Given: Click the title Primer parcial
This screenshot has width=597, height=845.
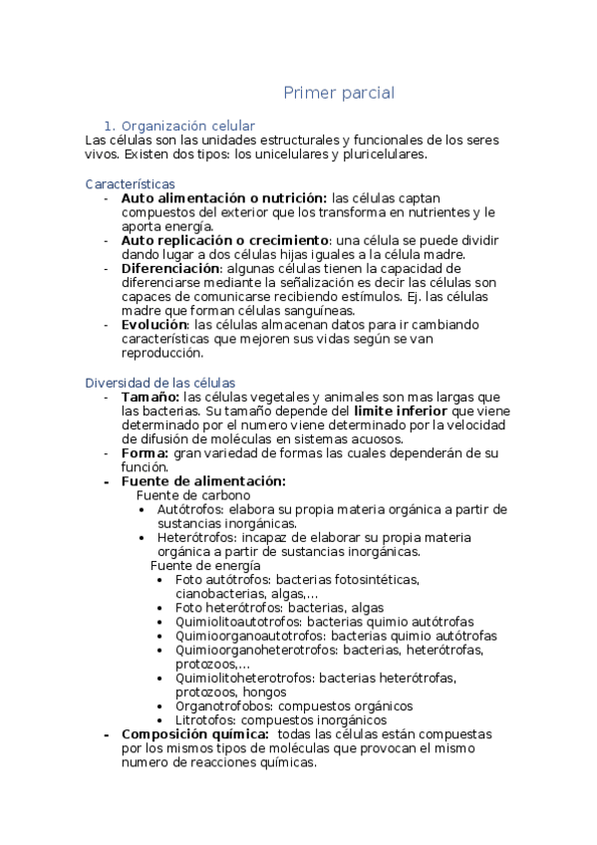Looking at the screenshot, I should pos(339,94).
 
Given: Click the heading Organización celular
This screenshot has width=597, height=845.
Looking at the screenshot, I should pos(187,126).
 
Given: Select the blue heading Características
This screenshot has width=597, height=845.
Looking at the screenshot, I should pos(131,184).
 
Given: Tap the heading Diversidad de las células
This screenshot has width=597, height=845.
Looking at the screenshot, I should pos(160,383).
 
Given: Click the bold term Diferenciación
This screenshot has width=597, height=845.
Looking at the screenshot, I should pos(169,269).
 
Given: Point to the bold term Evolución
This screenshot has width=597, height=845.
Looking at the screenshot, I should pos(153,325).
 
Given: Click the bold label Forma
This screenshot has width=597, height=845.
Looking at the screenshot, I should pos(145,452).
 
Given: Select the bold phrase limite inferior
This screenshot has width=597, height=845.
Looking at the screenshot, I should pos(400,411).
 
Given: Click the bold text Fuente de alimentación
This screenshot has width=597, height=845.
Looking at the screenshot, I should pos(202,481).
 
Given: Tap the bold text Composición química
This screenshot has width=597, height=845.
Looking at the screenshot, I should pos(194,734).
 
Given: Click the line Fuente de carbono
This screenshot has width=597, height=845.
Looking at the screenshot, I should pos(192,495).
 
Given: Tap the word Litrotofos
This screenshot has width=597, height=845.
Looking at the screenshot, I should pos(204,720).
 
